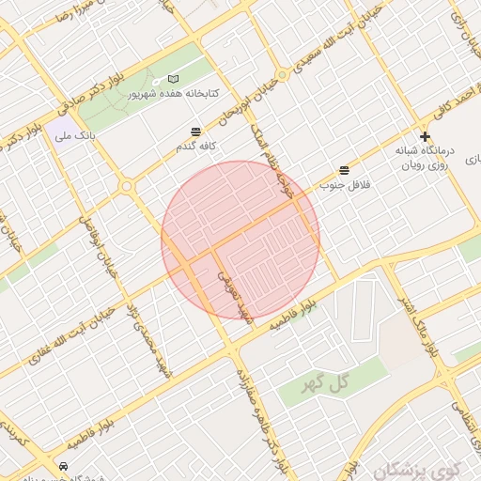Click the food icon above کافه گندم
(195, 132)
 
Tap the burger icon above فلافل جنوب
(345, 170)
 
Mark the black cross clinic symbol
(425, 137)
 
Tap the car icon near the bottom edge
(62, 466)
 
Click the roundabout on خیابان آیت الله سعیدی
(282, 74)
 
